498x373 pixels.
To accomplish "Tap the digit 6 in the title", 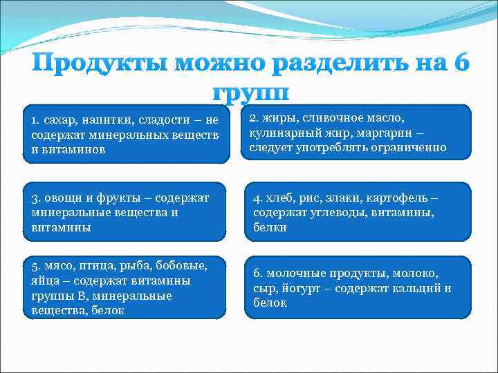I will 459,66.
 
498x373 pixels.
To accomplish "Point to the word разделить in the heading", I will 335,66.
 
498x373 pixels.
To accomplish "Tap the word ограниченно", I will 409,147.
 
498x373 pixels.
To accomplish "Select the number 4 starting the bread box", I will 257,198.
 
